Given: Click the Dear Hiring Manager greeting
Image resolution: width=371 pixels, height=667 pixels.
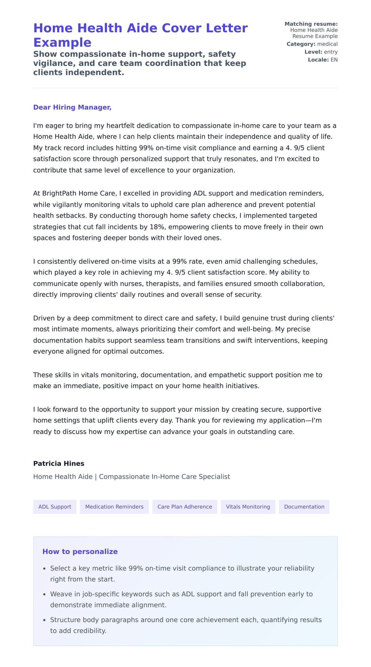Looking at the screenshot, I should pyautogui.click(x=72, y=107).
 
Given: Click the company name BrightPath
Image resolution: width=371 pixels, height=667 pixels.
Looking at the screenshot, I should pyautogui.click(x=59, y=193).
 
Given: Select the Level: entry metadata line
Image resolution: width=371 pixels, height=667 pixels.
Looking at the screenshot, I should pyautogui.click(x=321, y=52).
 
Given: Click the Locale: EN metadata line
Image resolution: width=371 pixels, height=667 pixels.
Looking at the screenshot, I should pyautogui.click(x=322, y=60).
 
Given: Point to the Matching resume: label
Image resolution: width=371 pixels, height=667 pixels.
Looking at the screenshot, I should pyautogui.click(x=311, y=24).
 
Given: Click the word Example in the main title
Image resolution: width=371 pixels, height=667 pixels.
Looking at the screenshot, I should pyautogui.click(x=62, y=42).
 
